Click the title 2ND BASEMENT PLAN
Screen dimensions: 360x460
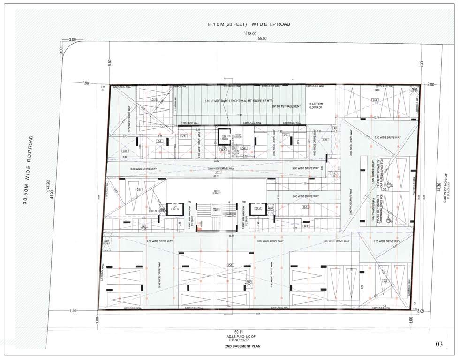click(242, 347)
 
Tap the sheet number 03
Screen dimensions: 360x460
click(439, 345)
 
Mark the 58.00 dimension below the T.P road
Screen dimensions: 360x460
click(250, 33)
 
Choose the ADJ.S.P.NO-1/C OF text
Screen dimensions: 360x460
click(242, 336)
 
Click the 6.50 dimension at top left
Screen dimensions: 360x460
click(110, 62)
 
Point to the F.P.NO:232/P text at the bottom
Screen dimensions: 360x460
click(242, 340)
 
